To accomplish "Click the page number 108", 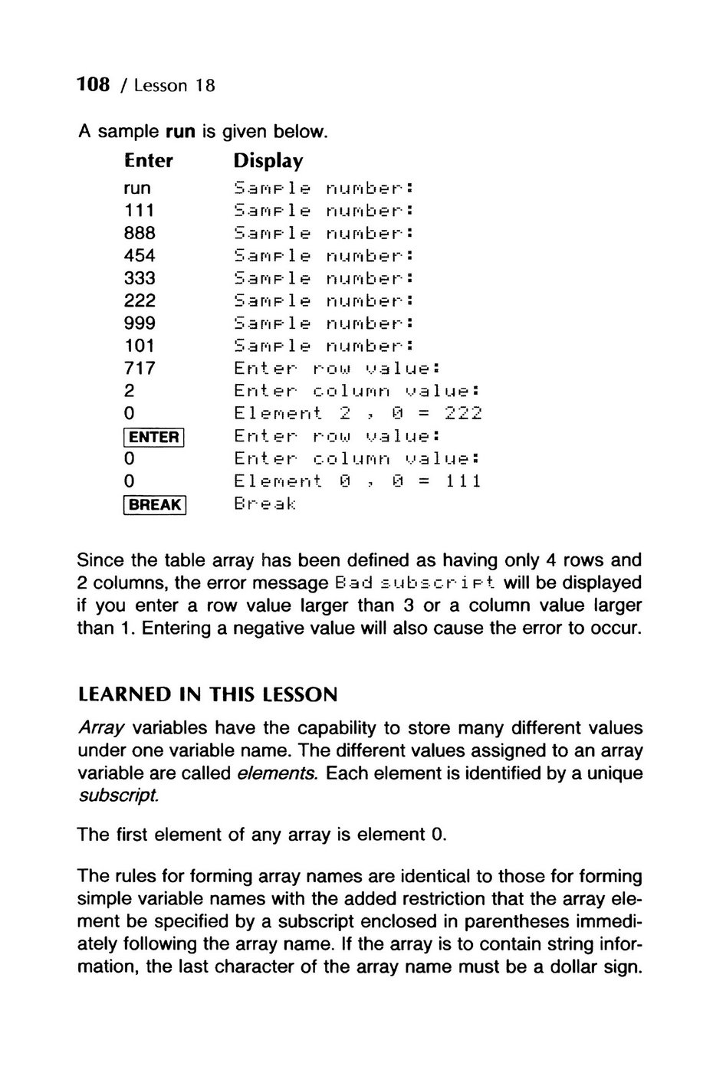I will click(94, 84).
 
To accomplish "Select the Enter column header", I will click(149, 161).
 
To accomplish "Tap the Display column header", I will click(268, 161).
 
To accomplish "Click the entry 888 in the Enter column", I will click(140, 232).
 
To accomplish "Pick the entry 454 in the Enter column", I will click(140, 255).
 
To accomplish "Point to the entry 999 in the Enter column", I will click(140, 323).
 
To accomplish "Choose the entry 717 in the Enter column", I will click(140, 368).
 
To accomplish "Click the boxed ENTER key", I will click(154, 437).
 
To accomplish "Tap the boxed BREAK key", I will click(154, 505).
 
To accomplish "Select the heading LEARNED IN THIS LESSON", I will click(208, 695).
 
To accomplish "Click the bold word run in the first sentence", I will click(181, 132).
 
